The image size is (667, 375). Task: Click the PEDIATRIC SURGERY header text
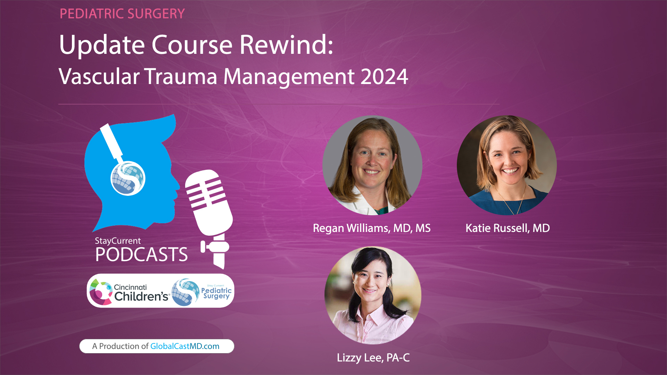(x=122, y=14)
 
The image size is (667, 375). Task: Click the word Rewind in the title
(x=286, y=45)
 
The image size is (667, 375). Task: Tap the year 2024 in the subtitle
(x=384, y=77)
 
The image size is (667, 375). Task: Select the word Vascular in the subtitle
(x=99, y=77)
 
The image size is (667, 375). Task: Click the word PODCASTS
(x=141, y=255)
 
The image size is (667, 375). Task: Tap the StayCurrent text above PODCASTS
(x=118, y=241)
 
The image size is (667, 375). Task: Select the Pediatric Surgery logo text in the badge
(x=216, y=293)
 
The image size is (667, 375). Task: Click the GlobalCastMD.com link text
(x=184, y=346)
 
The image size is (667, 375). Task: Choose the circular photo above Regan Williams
(x=372, y=165)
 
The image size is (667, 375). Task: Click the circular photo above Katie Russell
(x=507, y=165)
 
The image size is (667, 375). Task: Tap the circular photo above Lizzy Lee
(x=373, y=295)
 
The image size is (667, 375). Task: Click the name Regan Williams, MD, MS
(x=372, y=228)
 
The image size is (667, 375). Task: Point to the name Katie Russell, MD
(x=508, y=228)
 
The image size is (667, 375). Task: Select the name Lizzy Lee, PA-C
(x=373, y=358)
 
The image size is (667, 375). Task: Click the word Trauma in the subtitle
(x=181, y=77)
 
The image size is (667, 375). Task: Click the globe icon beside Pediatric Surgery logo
(x=185, y=292)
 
